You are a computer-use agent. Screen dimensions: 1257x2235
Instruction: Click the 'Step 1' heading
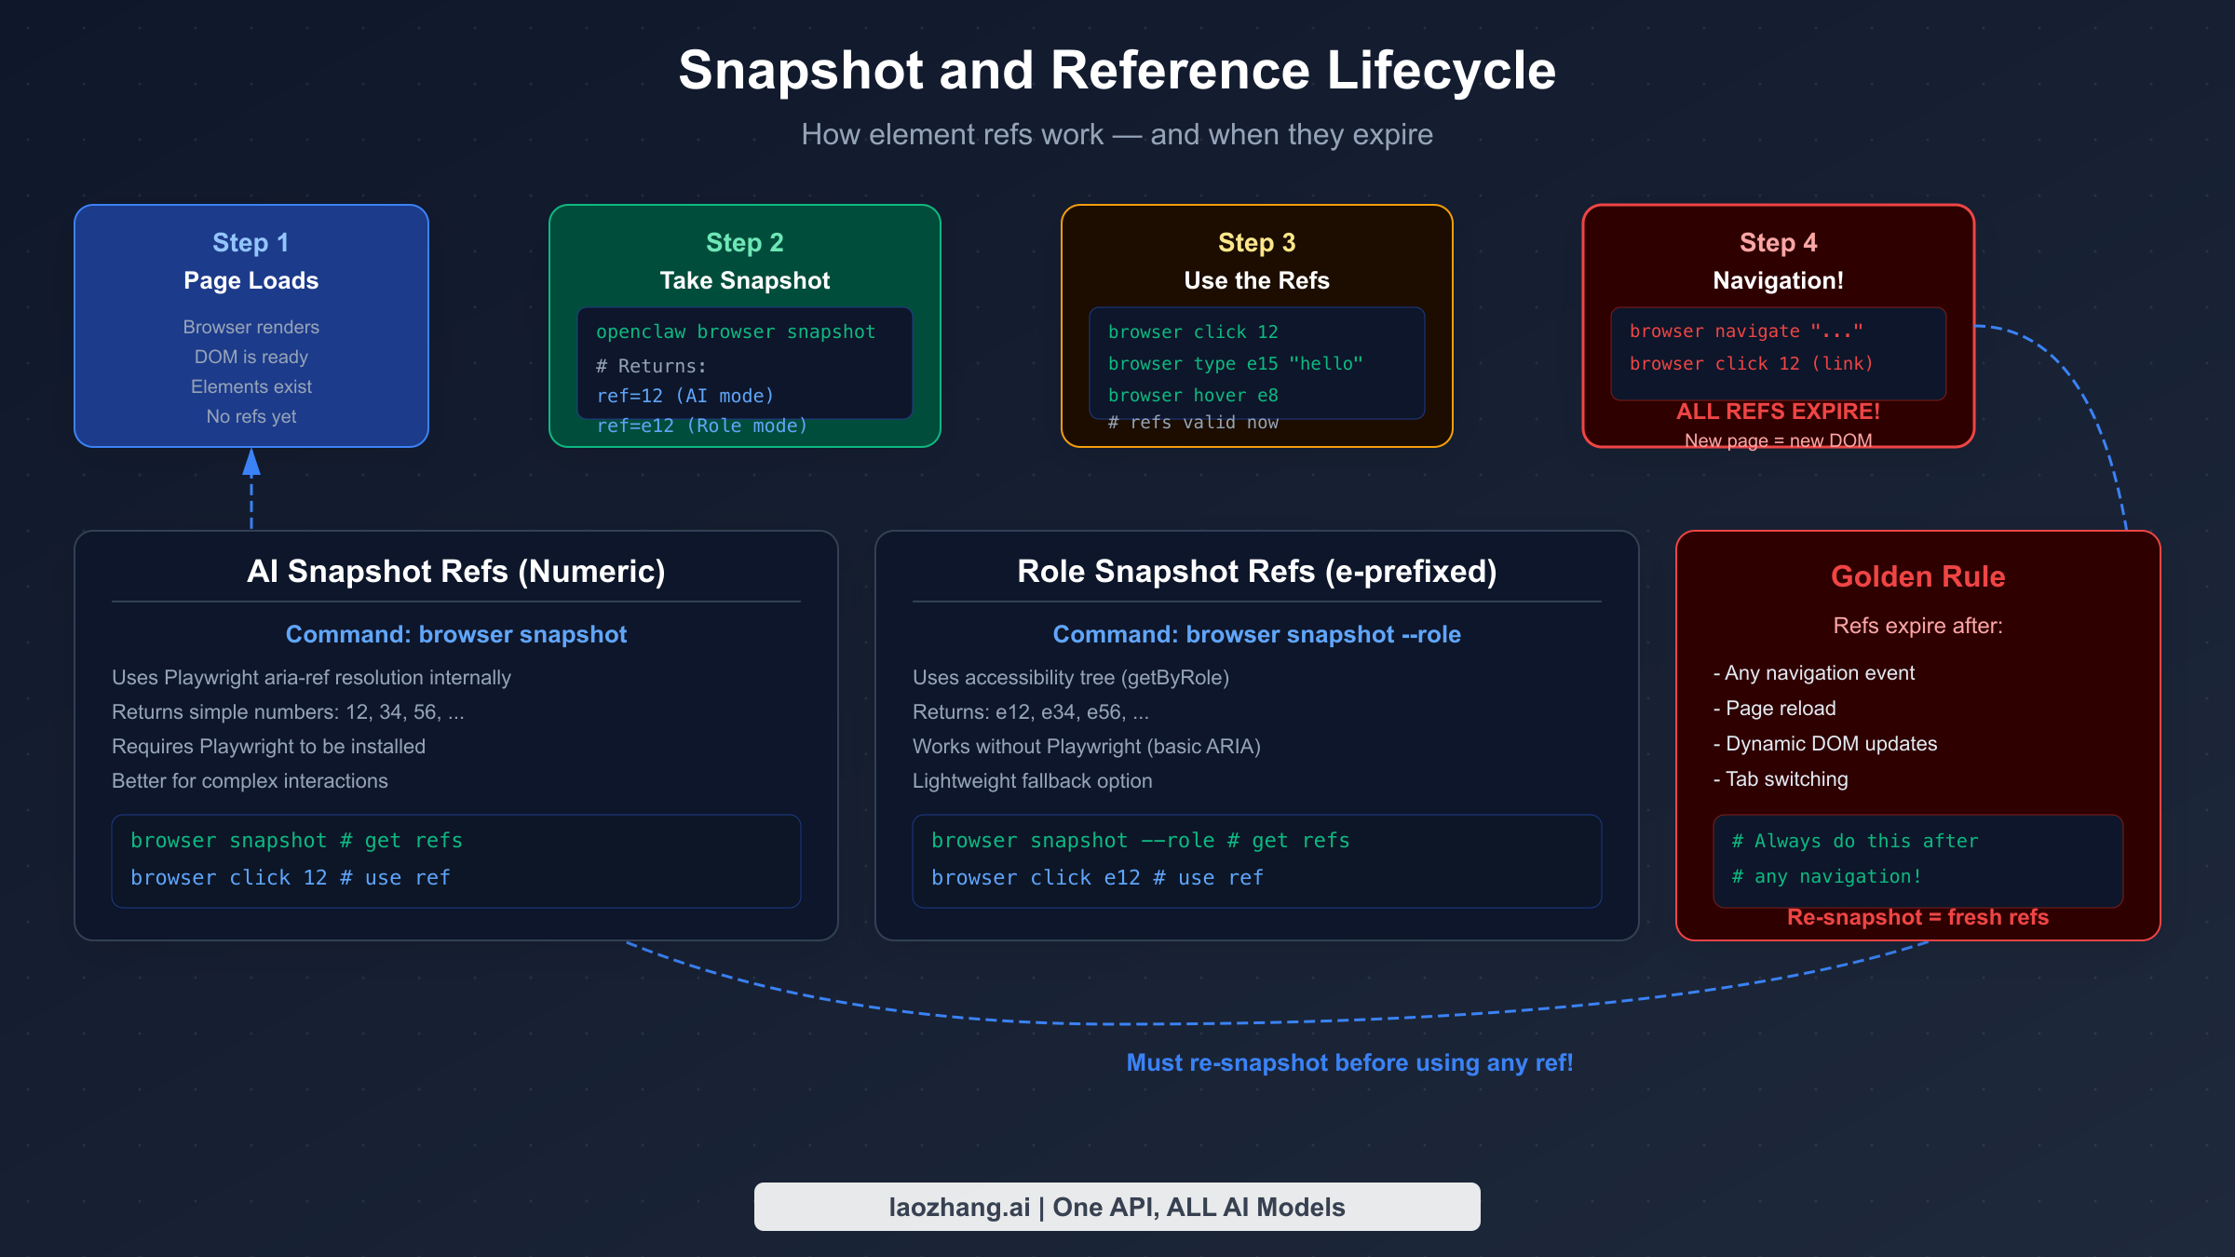(x=251, y=243)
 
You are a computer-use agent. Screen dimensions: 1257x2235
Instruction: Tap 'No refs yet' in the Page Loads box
(x=251, y=417)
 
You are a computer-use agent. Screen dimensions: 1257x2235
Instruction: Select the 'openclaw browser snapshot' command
(x=735, y=332)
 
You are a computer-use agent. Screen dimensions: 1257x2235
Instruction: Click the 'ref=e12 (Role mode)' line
(x=701, y=426)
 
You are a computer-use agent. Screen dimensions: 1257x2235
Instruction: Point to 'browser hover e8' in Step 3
(x=1192, y=396)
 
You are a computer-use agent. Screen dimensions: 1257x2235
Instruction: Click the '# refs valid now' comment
(x=1192, y=423)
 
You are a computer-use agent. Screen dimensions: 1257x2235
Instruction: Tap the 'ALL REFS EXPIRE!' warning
(x=1777, y=412)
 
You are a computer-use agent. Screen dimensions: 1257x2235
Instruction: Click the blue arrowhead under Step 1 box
(x=251, y=463)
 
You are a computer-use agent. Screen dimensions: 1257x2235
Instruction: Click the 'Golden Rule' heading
(x=1917, y=576)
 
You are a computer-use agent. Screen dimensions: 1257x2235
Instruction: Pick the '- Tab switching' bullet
(x=1780, y=779)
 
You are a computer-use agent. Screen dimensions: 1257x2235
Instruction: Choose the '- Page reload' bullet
(x=1774, y=709)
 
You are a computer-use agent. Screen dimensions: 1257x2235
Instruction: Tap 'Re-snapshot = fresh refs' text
(x=1917, y=918)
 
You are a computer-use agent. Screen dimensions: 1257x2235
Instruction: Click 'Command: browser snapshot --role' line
(x=1255, y=635)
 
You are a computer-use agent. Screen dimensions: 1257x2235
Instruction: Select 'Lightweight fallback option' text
(x=1032, y=781)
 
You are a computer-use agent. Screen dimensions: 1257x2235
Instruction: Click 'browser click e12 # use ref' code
(x=1096, y=878)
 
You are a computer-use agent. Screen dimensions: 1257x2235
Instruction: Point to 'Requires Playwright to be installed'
(x=268, y=747)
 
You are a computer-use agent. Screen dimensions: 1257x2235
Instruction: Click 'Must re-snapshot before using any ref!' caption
(x=1348, y=1062)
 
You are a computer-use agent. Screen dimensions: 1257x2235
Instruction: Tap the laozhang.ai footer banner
(x=1116, y=1207)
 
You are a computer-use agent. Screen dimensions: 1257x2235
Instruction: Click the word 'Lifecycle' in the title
(x=1440, y=71)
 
